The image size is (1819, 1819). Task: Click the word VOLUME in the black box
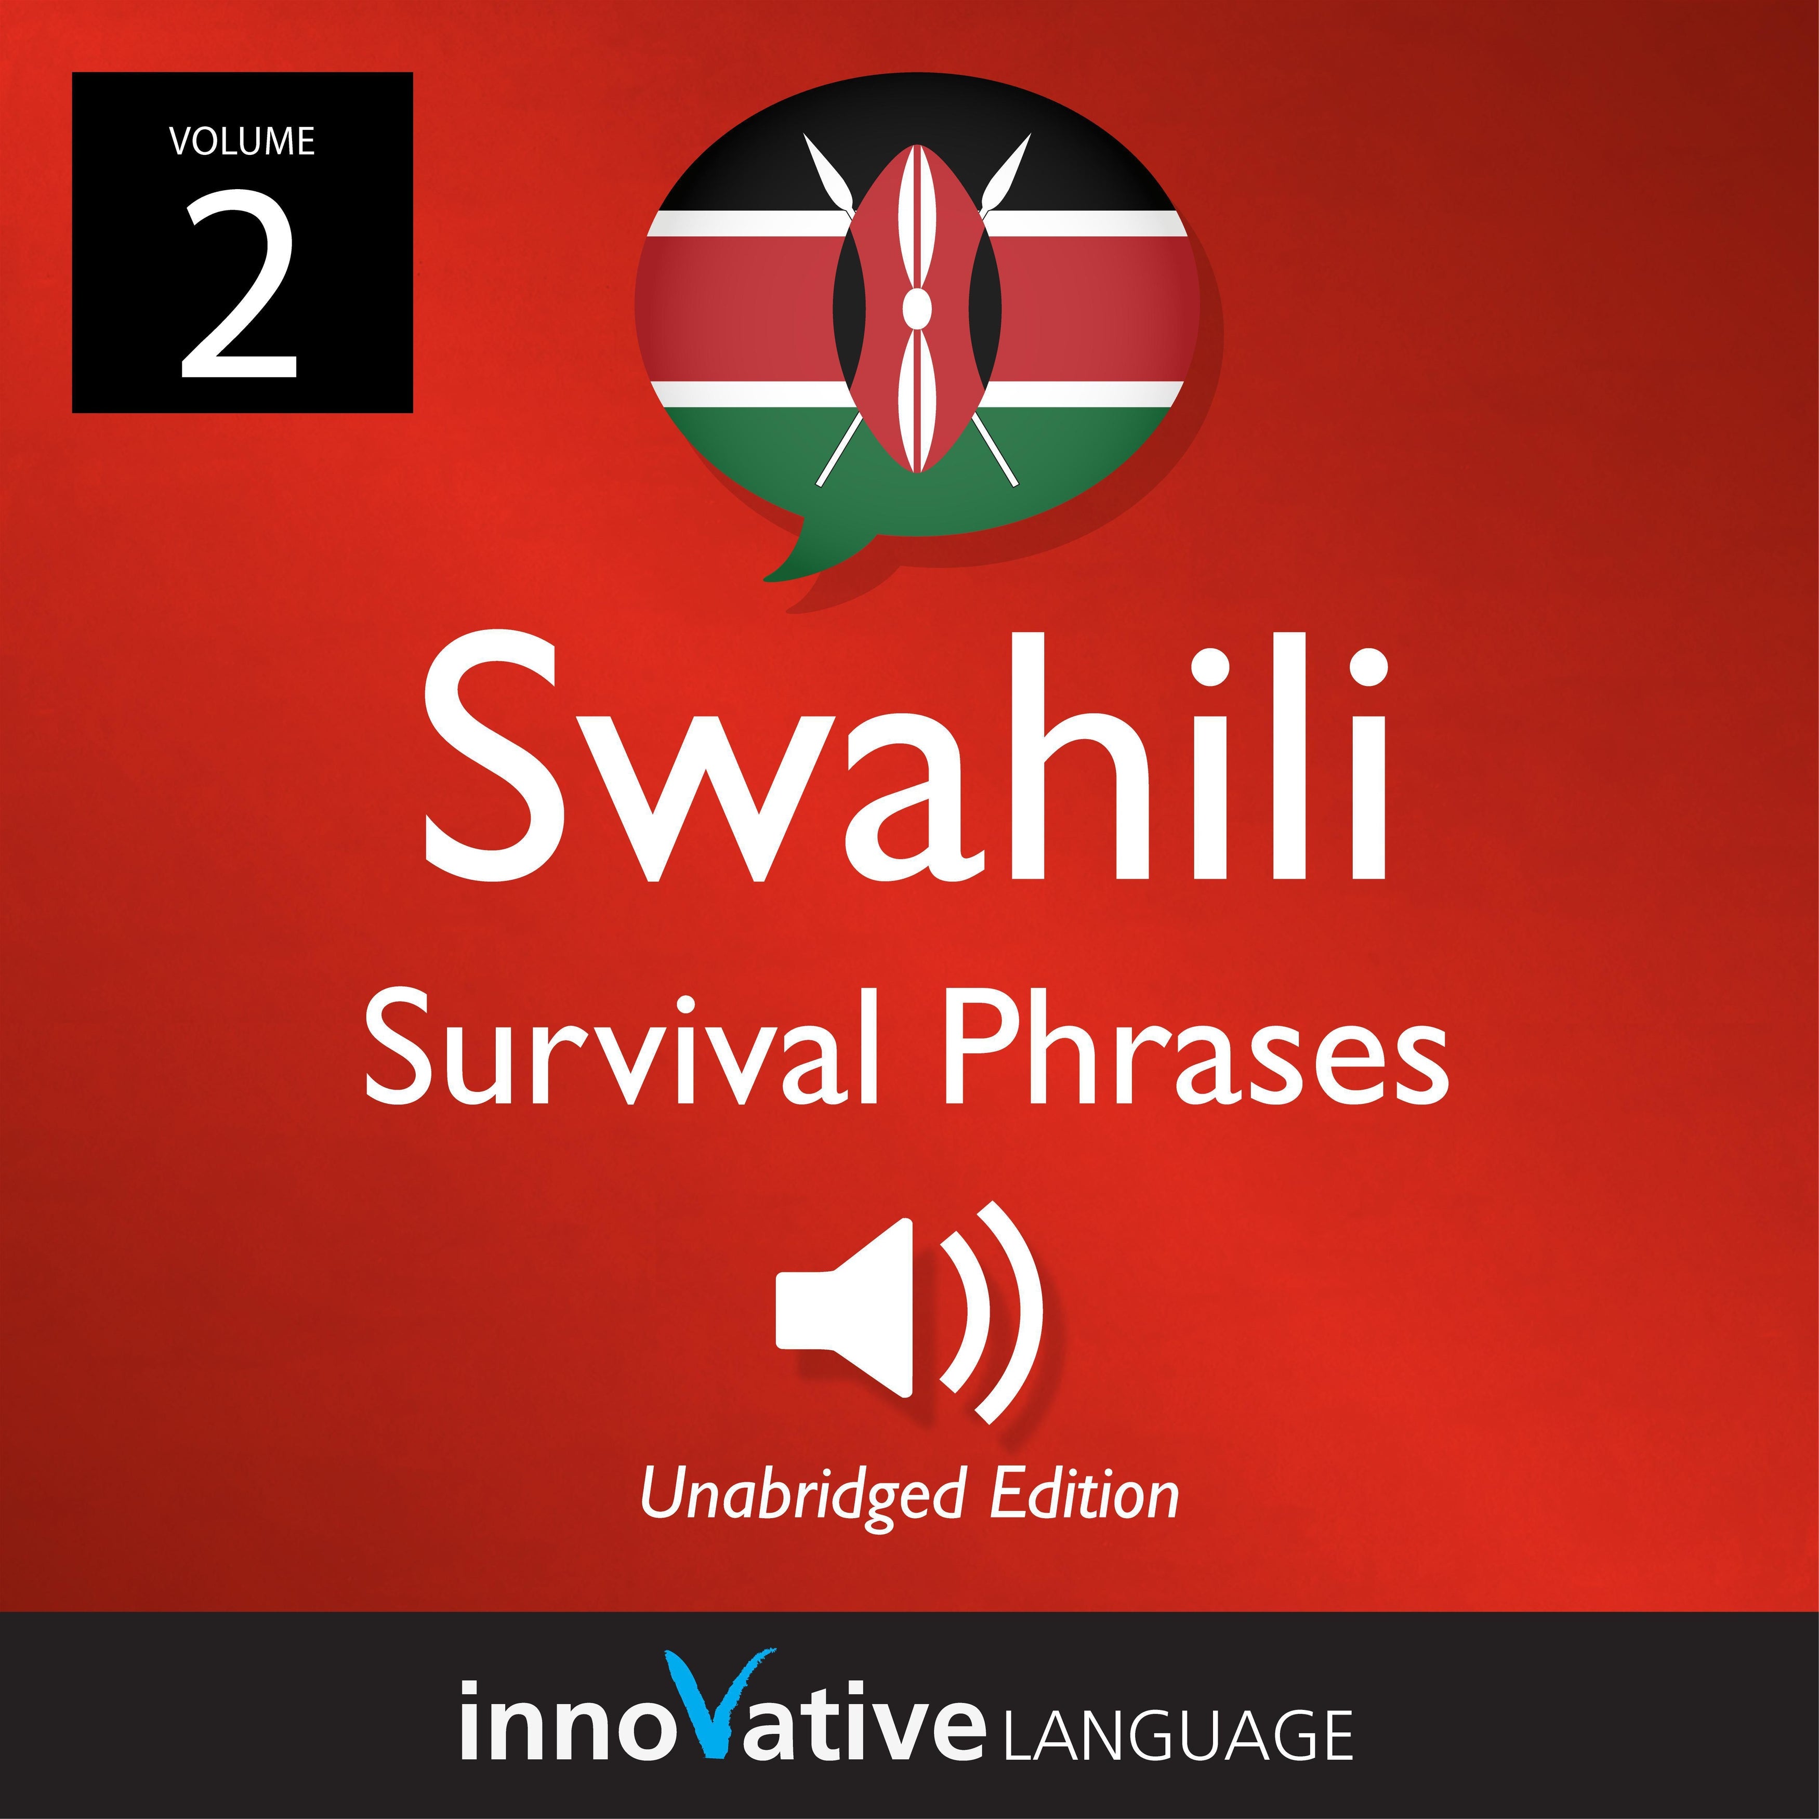242,141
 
